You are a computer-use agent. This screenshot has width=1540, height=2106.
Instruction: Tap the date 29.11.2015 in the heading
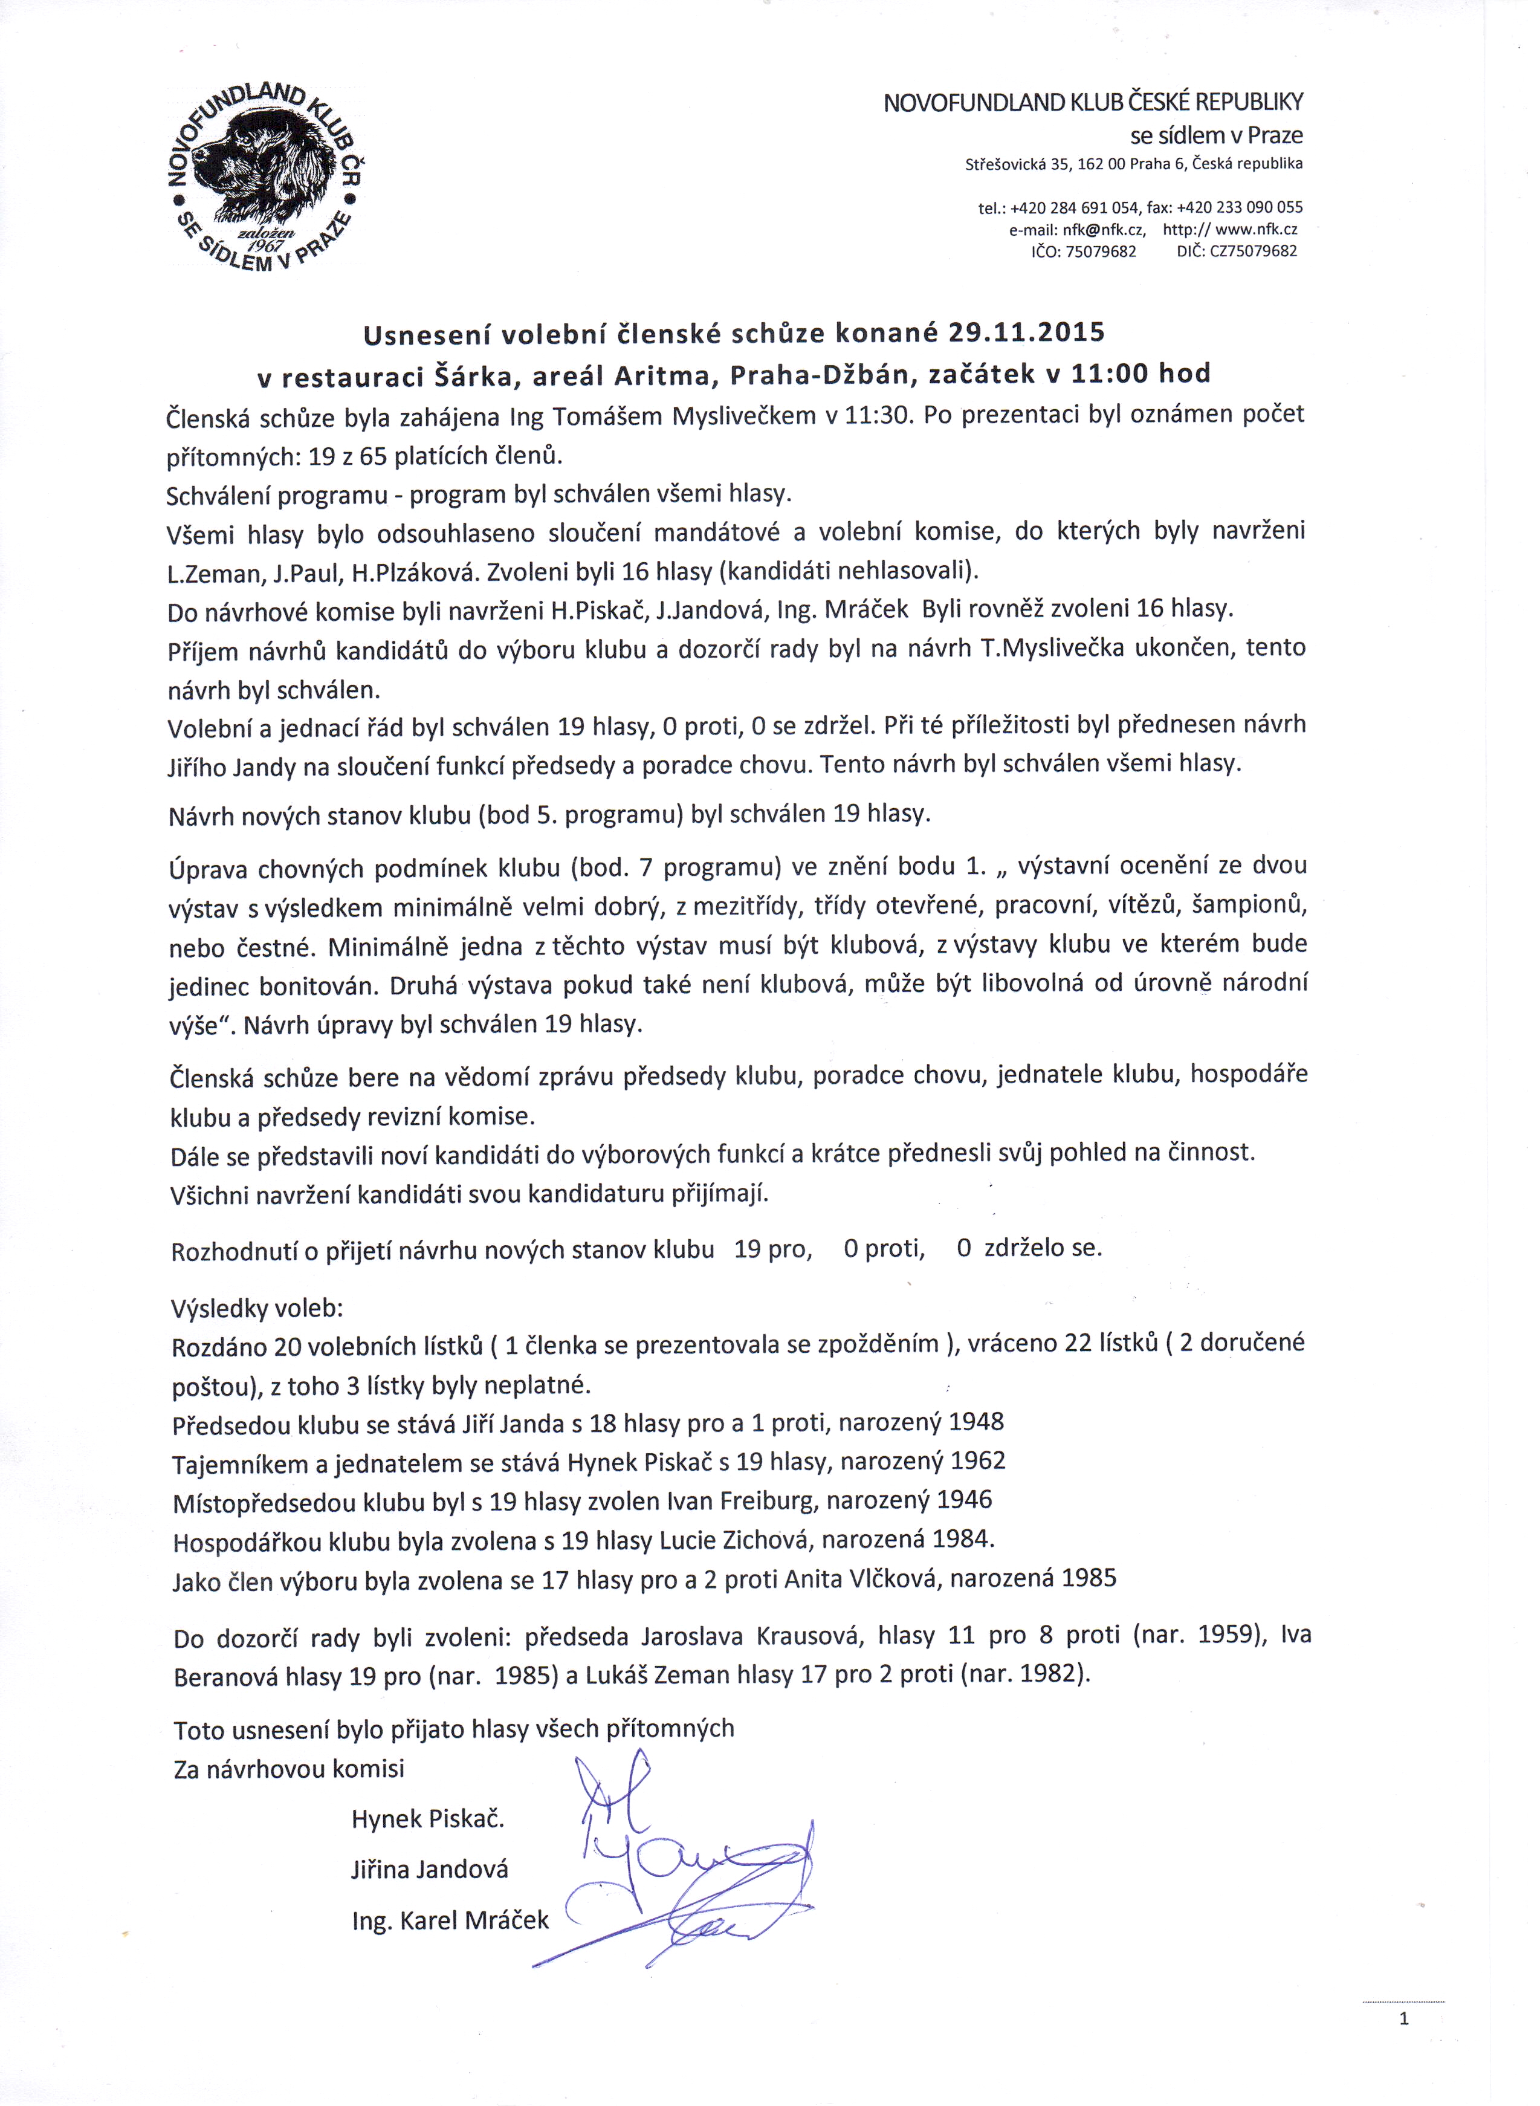click(1026, 333)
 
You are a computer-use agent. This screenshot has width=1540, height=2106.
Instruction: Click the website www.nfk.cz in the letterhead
click(1257, 229)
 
